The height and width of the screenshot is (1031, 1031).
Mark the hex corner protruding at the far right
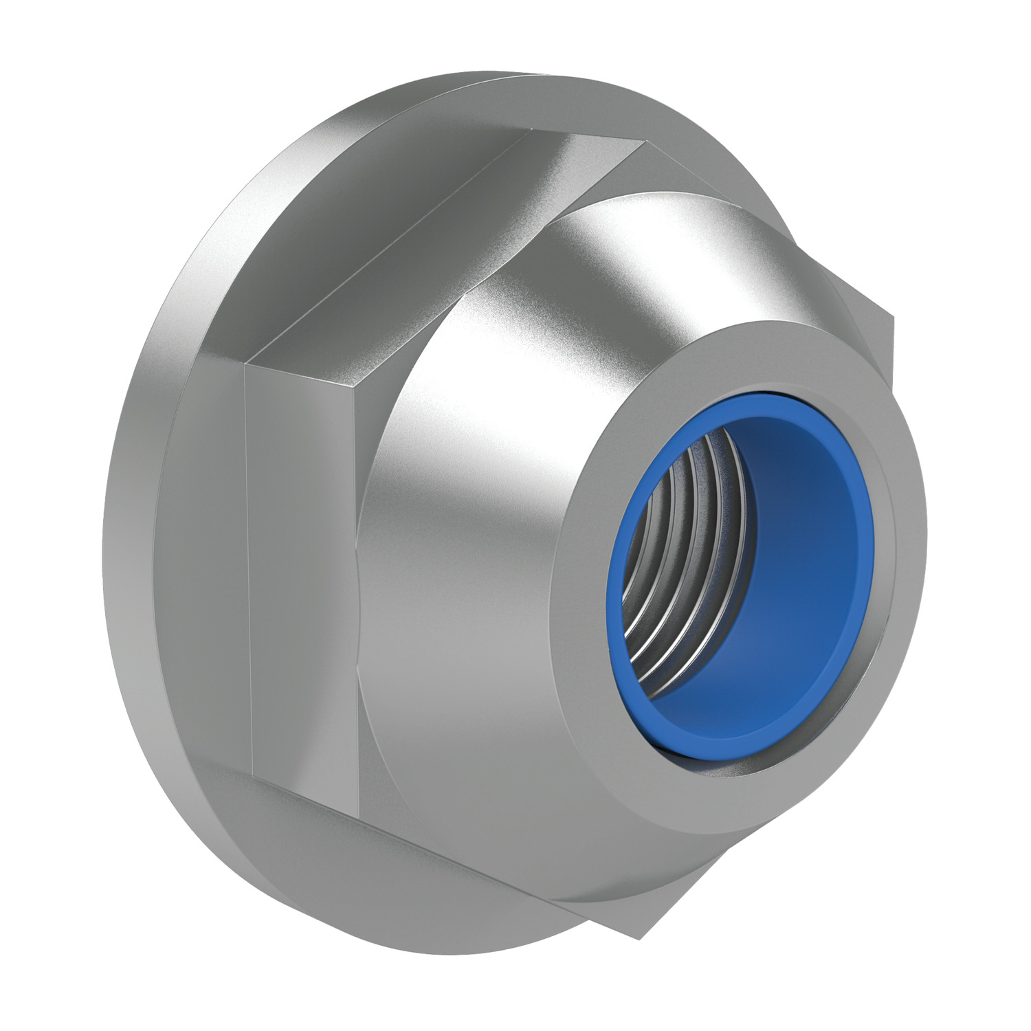click(x=892, y=318)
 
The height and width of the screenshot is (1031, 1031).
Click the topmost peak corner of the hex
click(x=646, y=142)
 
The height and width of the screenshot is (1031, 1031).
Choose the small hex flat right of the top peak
click(x=687, y=172)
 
